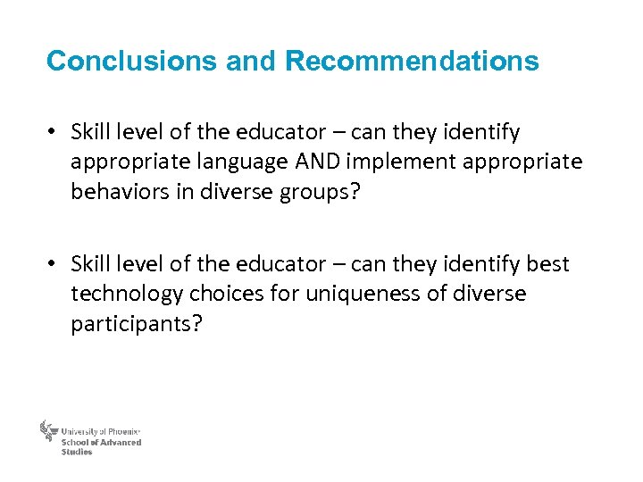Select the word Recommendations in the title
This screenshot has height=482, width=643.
pos(412,62)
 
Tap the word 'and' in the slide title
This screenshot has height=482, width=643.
pos(251,62)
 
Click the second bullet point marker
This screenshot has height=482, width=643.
pos(54,265)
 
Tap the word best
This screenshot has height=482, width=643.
pos(548,264)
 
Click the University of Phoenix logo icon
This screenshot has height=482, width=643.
pos(48,432)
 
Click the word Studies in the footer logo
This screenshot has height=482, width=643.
pos(77,452)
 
